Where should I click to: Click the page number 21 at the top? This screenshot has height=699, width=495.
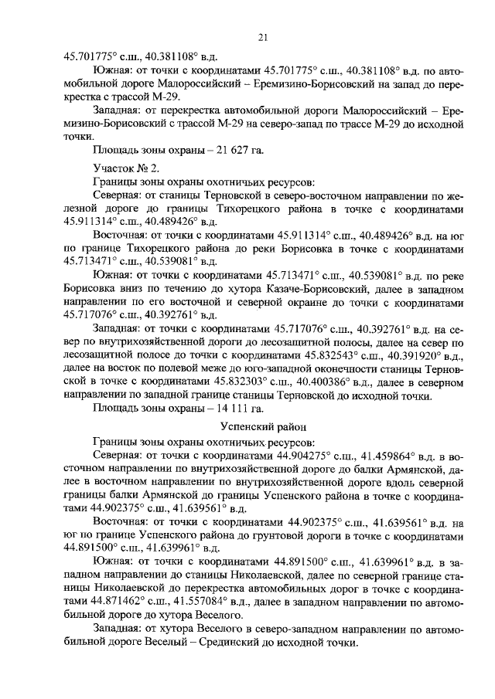pos(262,38)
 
